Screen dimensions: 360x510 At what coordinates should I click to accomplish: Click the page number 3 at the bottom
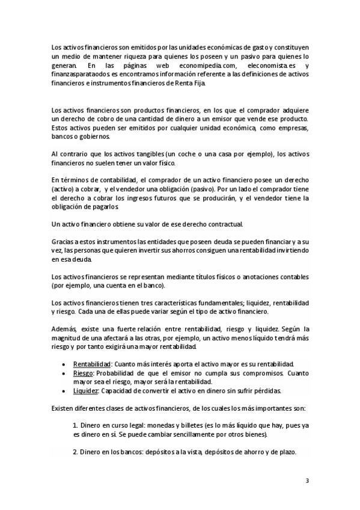tap(307, 481)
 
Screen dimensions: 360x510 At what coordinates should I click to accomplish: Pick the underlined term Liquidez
tap(85, 390)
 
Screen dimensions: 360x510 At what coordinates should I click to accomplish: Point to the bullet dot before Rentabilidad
tap(64, 365)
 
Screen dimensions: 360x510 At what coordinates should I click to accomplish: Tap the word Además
tap(62, 329)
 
